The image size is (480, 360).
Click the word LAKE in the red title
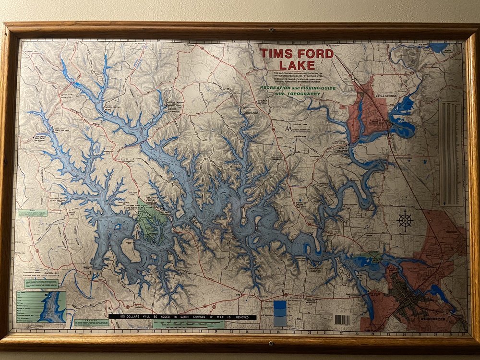pyautogui.click(x=296, y=65)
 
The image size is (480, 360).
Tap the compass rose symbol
pyautogui.click(x=406, y=220)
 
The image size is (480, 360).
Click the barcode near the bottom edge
pyautogui.click(x=342, y=319)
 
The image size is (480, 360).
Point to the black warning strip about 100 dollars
pyautogui.click(x=182, y=317)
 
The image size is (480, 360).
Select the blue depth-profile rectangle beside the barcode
pyautogui.click(x=280, y=313)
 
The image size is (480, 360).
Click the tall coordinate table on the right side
pyautogui.click(x=451, y=154)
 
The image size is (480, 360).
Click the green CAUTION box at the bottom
pyautogui.click(x=91, y=323)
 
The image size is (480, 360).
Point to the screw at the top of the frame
pyautogui.click(x=271, y=30)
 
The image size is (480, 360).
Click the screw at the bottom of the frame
pyautogui.click(x=271, y=344)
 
